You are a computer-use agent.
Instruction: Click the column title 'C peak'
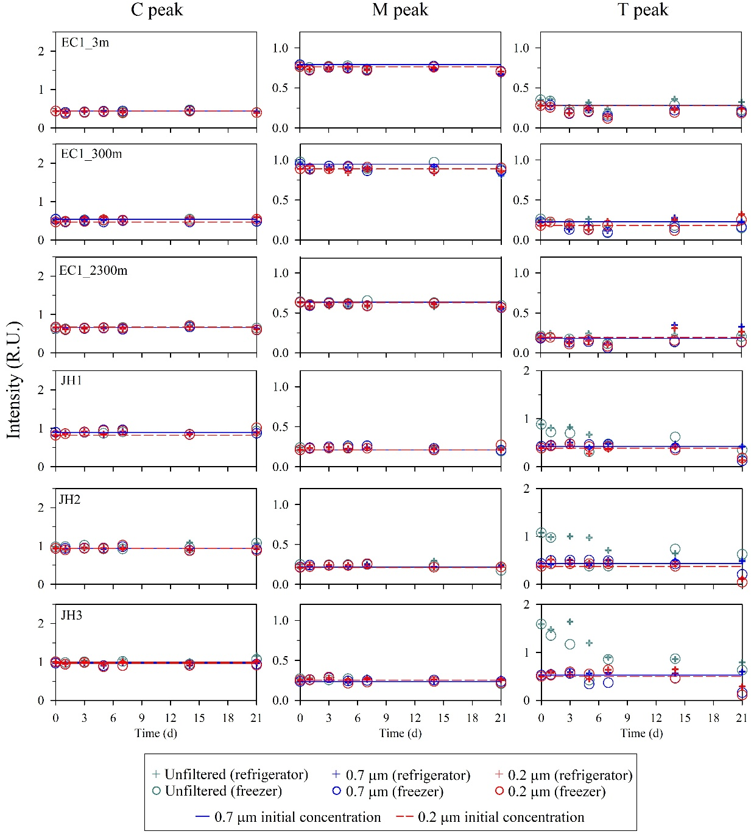157,10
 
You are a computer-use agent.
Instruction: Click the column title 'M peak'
400,10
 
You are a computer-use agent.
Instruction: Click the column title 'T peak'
643,10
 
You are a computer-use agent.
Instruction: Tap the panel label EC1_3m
85,43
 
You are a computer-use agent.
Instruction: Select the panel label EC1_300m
91,154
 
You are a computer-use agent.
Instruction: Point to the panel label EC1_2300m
93,270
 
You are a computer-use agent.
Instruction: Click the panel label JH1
71,381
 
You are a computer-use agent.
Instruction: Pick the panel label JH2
70,500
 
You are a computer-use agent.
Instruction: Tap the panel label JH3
71,615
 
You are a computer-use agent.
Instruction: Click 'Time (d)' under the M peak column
400,733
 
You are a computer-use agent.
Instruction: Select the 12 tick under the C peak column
171,718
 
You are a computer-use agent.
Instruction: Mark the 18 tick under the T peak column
713,718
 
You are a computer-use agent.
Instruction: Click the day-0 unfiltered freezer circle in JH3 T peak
541,624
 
